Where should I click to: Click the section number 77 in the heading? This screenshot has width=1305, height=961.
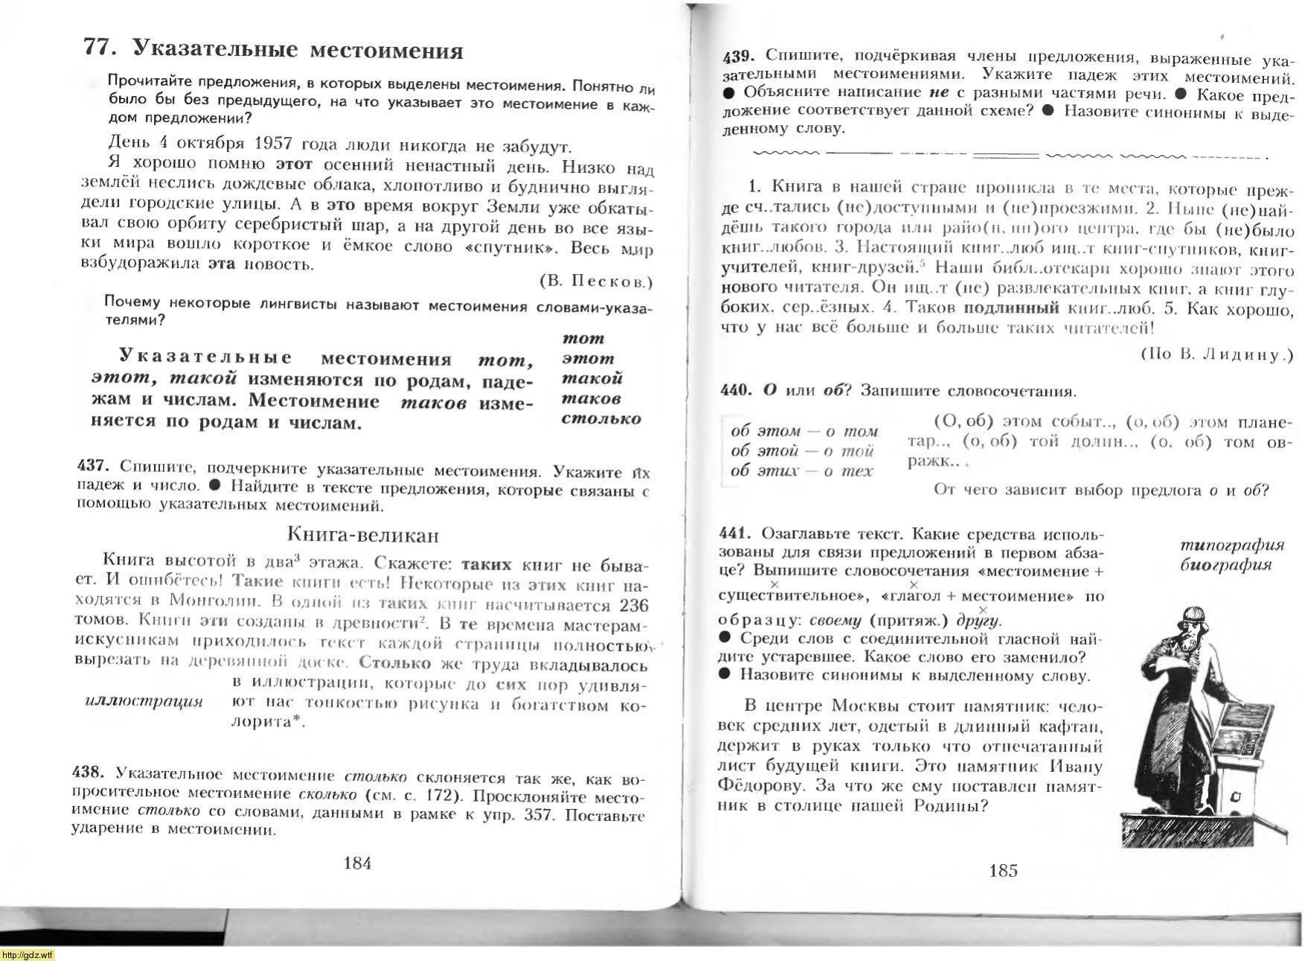[99, 48]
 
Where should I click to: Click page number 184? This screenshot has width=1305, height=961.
[357, 863]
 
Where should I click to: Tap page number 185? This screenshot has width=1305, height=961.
[1003, 870]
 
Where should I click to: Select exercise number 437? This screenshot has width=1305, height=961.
[93, 466]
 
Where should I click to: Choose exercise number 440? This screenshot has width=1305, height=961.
[736, 390]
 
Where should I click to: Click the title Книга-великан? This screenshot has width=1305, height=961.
[362, 534]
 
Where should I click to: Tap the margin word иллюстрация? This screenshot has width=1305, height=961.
[144, 701]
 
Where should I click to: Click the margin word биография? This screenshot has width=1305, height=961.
[1225, 564]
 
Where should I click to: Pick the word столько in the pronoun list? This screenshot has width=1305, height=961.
[601, 418]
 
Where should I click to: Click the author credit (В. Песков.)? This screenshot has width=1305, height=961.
[595, 281]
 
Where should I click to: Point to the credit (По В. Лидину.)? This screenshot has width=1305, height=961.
[1216, 354]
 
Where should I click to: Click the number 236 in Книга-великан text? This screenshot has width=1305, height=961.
[633, 605]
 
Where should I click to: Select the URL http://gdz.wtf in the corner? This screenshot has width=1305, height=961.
[28, 955]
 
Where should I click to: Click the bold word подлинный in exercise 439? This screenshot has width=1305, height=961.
[1010, 307]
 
